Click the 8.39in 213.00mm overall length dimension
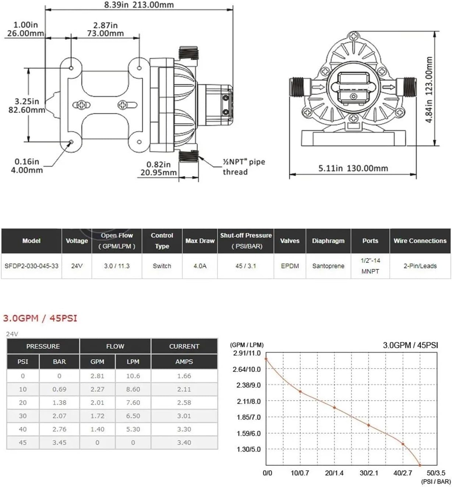point(139,5)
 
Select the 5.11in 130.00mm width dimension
point(353,169)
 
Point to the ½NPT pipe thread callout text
point(243,167)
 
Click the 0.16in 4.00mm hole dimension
point(27,166)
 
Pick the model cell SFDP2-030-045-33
point(31,266)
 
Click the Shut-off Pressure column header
point(246,240)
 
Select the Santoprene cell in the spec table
point(328,266)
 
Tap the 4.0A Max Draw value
point(200,266)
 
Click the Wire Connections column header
point(420,241)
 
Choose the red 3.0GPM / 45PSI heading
point(40,318)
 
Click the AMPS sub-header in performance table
point(184,361)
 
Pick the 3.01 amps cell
point(184,416)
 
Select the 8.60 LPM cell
point(133,389)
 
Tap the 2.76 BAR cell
point(59,429)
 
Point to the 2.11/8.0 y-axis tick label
point(248,401)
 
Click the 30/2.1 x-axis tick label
point(368,473)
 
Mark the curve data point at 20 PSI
point(334,407)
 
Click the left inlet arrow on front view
point(318,88)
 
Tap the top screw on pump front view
point(354,36)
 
